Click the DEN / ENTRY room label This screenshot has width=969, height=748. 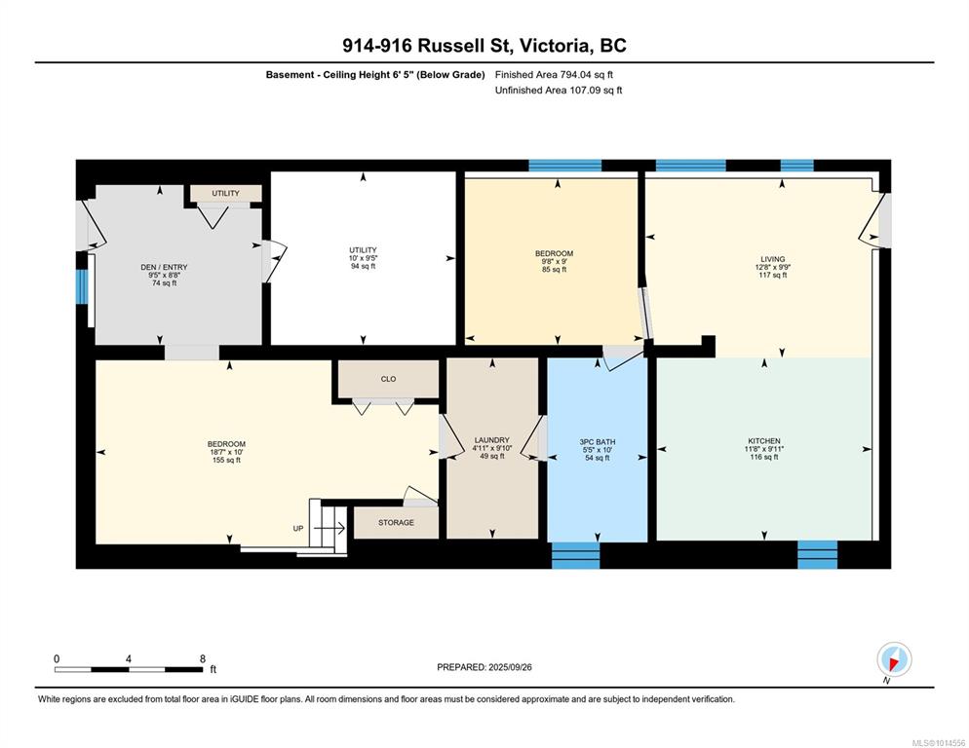(164, 267)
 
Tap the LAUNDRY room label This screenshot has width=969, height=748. (492, 440)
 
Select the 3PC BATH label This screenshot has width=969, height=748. (597, 441)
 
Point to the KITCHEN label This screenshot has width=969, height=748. (764, 441)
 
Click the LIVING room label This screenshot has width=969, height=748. (772, 259)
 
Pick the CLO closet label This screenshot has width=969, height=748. (388, 379)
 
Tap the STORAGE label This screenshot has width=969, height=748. (396, 523)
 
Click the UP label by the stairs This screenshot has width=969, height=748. (298, 529)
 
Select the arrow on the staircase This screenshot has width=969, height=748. (329, 528)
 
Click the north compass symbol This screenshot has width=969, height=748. (894, 659)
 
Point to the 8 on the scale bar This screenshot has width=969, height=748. (202, 658)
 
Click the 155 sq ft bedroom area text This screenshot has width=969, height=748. (226, 460)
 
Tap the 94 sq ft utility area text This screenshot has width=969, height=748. (363, 266)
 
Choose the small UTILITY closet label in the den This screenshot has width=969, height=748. (225, 194)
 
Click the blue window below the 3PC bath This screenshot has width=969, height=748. (575, 555)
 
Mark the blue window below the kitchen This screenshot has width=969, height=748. (817, 554)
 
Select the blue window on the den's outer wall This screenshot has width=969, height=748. (81, 286)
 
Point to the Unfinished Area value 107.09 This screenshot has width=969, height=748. (588, 91)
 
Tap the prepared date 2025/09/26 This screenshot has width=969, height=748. (510, 667)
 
